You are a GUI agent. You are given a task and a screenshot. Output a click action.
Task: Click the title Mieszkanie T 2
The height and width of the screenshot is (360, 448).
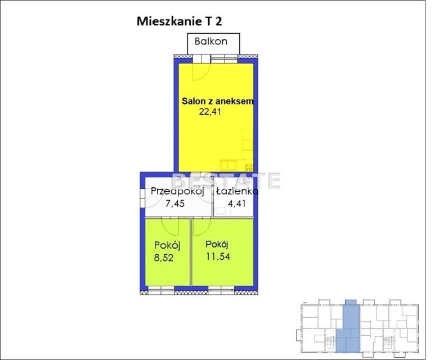click(179, 21)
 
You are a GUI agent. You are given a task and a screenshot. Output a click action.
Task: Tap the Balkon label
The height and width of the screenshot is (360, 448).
click(211, 42)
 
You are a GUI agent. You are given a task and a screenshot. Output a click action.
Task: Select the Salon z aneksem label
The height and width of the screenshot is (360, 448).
click(218, 101)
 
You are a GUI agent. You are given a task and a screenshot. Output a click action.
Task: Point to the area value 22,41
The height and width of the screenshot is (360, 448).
click(210, 111)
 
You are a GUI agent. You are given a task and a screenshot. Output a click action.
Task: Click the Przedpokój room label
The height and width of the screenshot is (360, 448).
click(177, 191)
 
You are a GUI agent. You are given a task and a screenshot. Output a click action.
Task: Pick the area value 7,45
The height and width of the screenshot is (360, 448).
click(175, 204)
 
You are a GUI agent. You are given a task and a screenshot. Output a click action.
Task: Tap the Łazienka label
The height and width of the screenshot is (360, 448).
click(237, 191)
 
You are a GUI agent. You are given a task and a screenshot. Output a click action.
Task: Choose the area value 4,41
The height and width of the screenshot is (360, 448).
click(236, 204)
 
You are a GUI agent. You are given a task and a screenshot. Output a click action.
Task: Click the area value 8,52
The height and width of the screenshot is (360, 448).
click(164, 258)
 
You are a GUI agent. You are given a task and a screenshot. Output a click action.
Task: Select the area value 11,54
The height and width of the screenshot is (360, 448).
click(218, 256)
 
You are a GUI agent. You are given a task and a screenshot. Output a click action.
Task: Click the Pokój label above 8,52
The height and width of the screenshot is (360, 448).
click(167, 245)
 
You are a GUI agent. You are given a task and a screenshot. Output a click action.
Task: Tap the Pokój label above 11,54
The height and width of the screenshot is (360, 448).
click(217, 244)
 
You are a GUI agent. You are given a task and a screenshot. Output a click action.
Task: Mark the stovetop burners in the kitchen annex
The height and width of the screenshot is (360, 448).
click(249, 167)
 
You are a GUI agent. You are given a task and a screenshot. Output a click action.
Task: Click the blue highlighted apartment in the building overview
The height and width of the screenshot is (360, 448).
click(348, 327)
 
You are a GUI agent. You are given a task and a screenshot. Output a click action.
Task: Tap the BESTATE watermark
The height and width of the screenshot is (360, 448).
click(227, 181)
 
